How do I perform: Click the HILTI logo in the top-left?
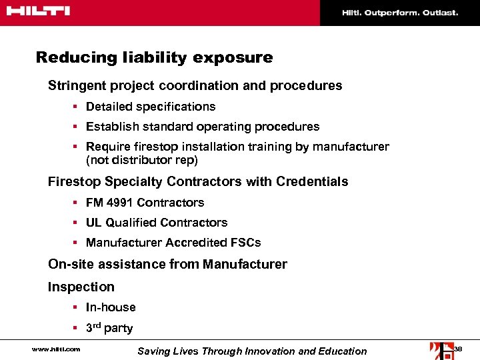pos(37,11)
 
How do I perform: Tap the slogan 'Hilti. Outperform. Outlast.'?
pos(400,13)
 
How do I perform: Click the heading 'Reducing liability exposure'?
pos(154,57)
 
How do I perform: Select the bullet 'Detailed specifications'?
pos(151,107)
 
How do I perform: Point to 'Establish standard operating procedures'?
pos(203,127)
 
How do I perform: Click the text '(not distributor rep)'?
pos(142,161)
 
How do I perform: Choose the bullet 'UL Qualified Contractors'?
pos(157,223)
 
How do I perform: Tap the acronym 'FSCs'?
pos(246,243)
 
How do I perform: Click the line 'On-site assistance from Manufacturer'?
pos(167,265)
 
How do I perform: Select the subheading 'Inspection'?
pos(81,287)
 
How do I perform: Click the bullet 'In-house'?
pos(111,307)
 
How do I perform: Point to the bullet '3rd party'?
pos(109,328)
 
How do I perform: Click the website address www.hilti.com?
pos(56,349)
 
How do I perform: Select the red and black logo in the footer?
pos(440,350)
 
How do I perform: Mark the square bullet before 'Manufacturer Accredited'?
pos(77,243)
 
